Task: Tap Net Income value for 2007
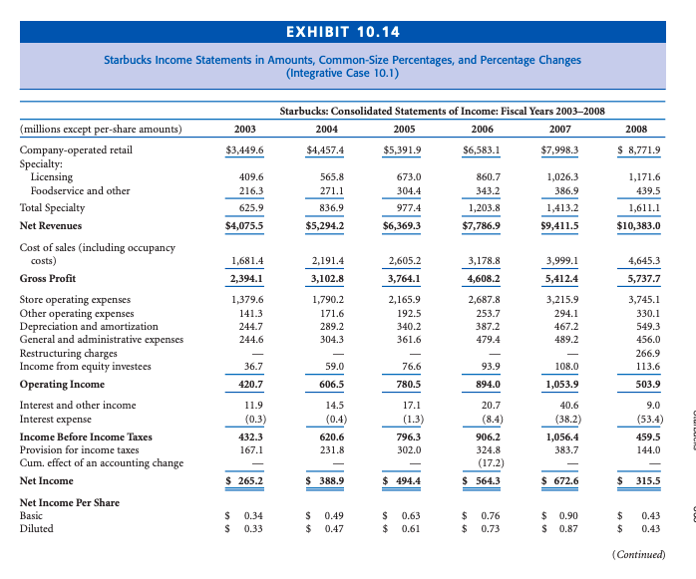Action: [559, 481]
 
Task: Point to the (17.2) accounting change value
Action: [483, 463]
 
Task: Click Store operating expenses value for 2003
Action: [245, 298]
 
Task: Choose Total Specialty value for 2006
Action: [482, 208]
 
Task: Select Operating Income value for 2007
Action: [559, 384]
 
